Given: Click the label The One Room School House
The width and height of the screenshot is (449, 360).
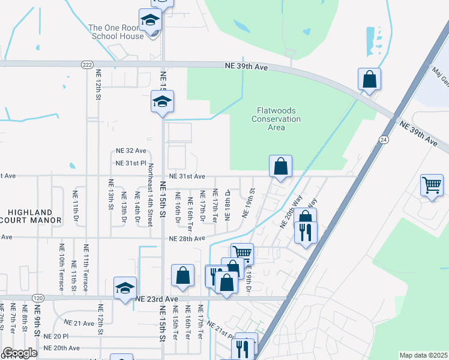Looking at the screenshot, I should [x=116, y=32].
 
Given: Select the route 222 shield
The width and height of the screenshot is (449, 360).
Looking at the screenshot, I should [x=88, y=64].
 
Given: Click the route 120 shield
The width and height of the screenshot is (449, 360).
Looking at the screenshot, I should [x=38, y=298].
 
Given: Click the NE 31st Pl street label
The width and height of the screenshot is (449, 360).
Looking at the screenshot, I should [x=131, y=163].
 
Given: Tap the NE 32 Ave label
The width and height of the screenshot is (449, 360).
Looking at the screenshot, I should [x=131, y=151].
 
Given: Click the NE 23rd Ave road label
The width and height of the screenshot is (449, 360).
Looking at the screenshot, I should [x=157, y=298].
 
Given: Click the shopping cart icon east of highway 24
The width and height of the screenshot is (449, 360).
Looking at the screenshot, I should [x=432, y=185].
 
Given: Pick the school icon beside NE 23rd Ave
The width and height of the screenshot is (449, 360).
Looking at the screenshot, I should [x=125, y=287].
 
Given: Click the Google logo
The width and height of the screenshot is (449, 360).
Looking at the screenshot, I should [x=20, y=353].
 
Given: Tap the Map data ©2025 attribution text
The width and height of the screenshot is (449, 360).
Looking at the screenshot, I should [x=423, y=355].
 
